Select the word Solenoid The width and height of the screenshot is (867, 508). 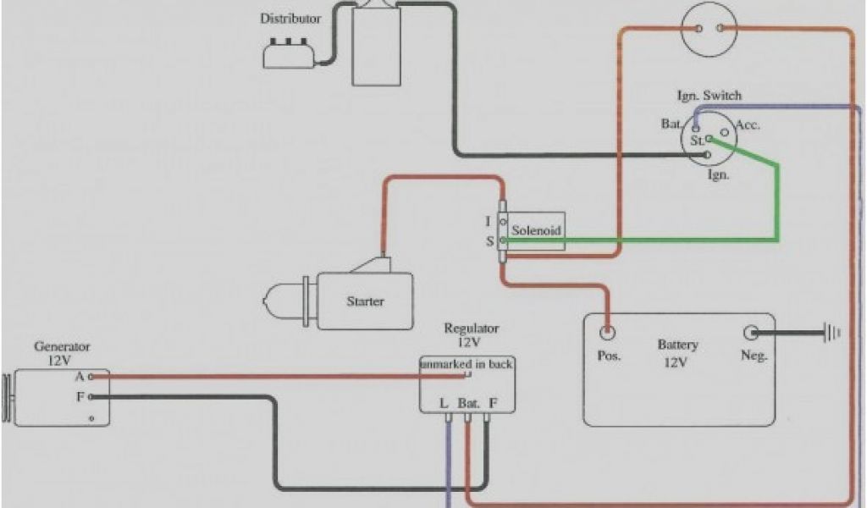536,229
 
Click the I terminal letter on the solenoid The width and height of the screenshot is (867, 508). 488,222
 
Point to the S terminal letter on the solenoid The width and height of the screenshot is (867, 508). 489,241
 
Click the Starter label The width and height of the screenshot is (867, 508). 365,301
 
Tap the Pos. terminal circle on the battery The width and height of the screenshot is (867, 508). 608,332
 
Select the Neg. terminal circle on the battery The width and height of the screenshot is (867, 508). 751,333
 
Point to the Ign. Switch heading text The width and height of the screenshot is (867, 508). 710,96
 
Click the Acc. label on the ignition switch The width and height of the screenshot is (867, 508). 748,124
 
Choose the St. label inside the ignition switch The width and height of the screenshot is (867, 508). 697,141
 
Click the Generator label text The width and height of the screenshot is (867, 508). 62,346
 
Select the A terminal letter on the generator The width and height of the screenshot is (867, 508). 79,376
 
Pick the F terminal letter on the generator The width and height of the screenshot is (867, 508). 80,395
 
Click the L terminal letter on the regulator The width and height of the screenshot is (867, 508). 444,403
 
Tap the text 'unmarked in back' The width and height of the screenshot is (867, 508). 467,364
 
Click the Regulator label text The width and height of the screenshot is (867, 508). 472,329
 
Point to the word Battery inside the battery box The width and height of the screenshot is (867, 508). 677,345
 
